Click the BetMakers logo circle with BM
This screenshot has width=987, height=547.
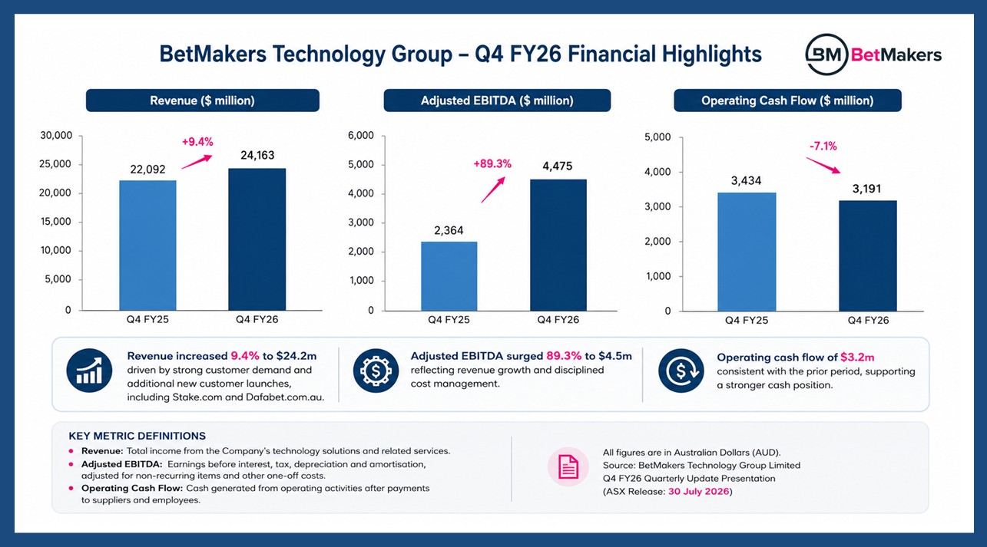click(826, 54)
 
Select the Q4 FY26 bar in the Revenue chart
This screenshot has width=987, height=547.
click(257, 239)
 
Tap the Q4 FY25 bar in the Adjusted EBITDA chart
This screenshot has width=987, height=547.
click(449, 276)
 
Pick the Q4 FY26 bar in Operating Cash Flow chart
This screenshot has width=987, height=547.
click(868, 256)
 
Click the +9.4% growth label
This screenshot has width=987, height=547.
click(197, 142)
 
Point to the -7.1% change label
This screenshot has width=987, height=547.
click(823, 146)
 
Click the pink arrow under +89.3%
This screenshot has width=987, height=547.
click(493, 189)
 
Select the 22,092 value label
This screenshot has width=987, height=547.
click(147, 170)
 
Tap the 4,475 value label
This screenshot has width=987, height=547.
click(558, 166)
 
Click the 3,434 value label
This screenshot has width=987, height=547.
click(746, 180)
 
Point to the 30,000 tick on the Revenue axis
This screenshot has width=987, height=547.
click(56, 136)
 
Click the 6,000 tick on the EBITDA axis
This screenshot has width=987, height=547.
click(361, 136)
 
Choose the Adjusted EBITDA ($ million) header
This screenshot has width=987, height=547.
click(497, 101)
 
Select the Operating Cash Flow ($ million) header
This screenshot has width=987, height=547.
click(787, 101)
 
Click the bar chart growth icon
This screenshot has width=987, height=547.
click(89, 371)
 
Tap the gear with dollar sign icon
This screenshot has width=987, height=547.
click(376, 371)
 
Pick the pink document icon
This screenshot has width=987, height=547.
click(568, 467)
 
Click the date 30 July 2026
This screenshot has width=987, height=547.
click(698, 492)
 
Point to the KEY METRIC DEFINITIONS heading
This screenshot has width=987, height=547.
click(137, 436)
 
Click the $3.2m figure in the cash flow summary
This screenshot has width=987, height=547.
click(857, 358)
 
